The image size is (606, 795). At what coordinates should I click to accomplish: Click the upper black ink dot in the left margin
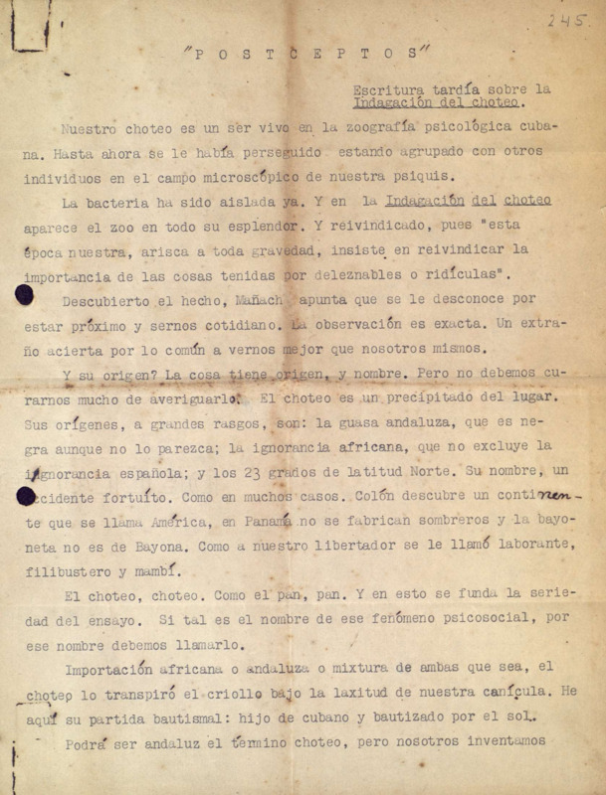tap(23, 295)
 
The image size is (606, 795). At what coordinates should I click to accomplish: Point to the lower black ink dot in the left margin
tap(23, 494)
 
